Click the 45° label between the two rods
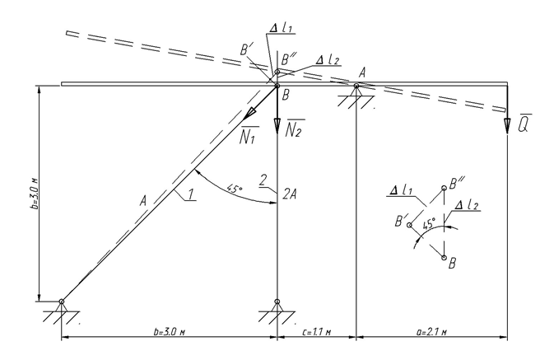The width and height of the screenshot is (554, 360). [x=235, y=189]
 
